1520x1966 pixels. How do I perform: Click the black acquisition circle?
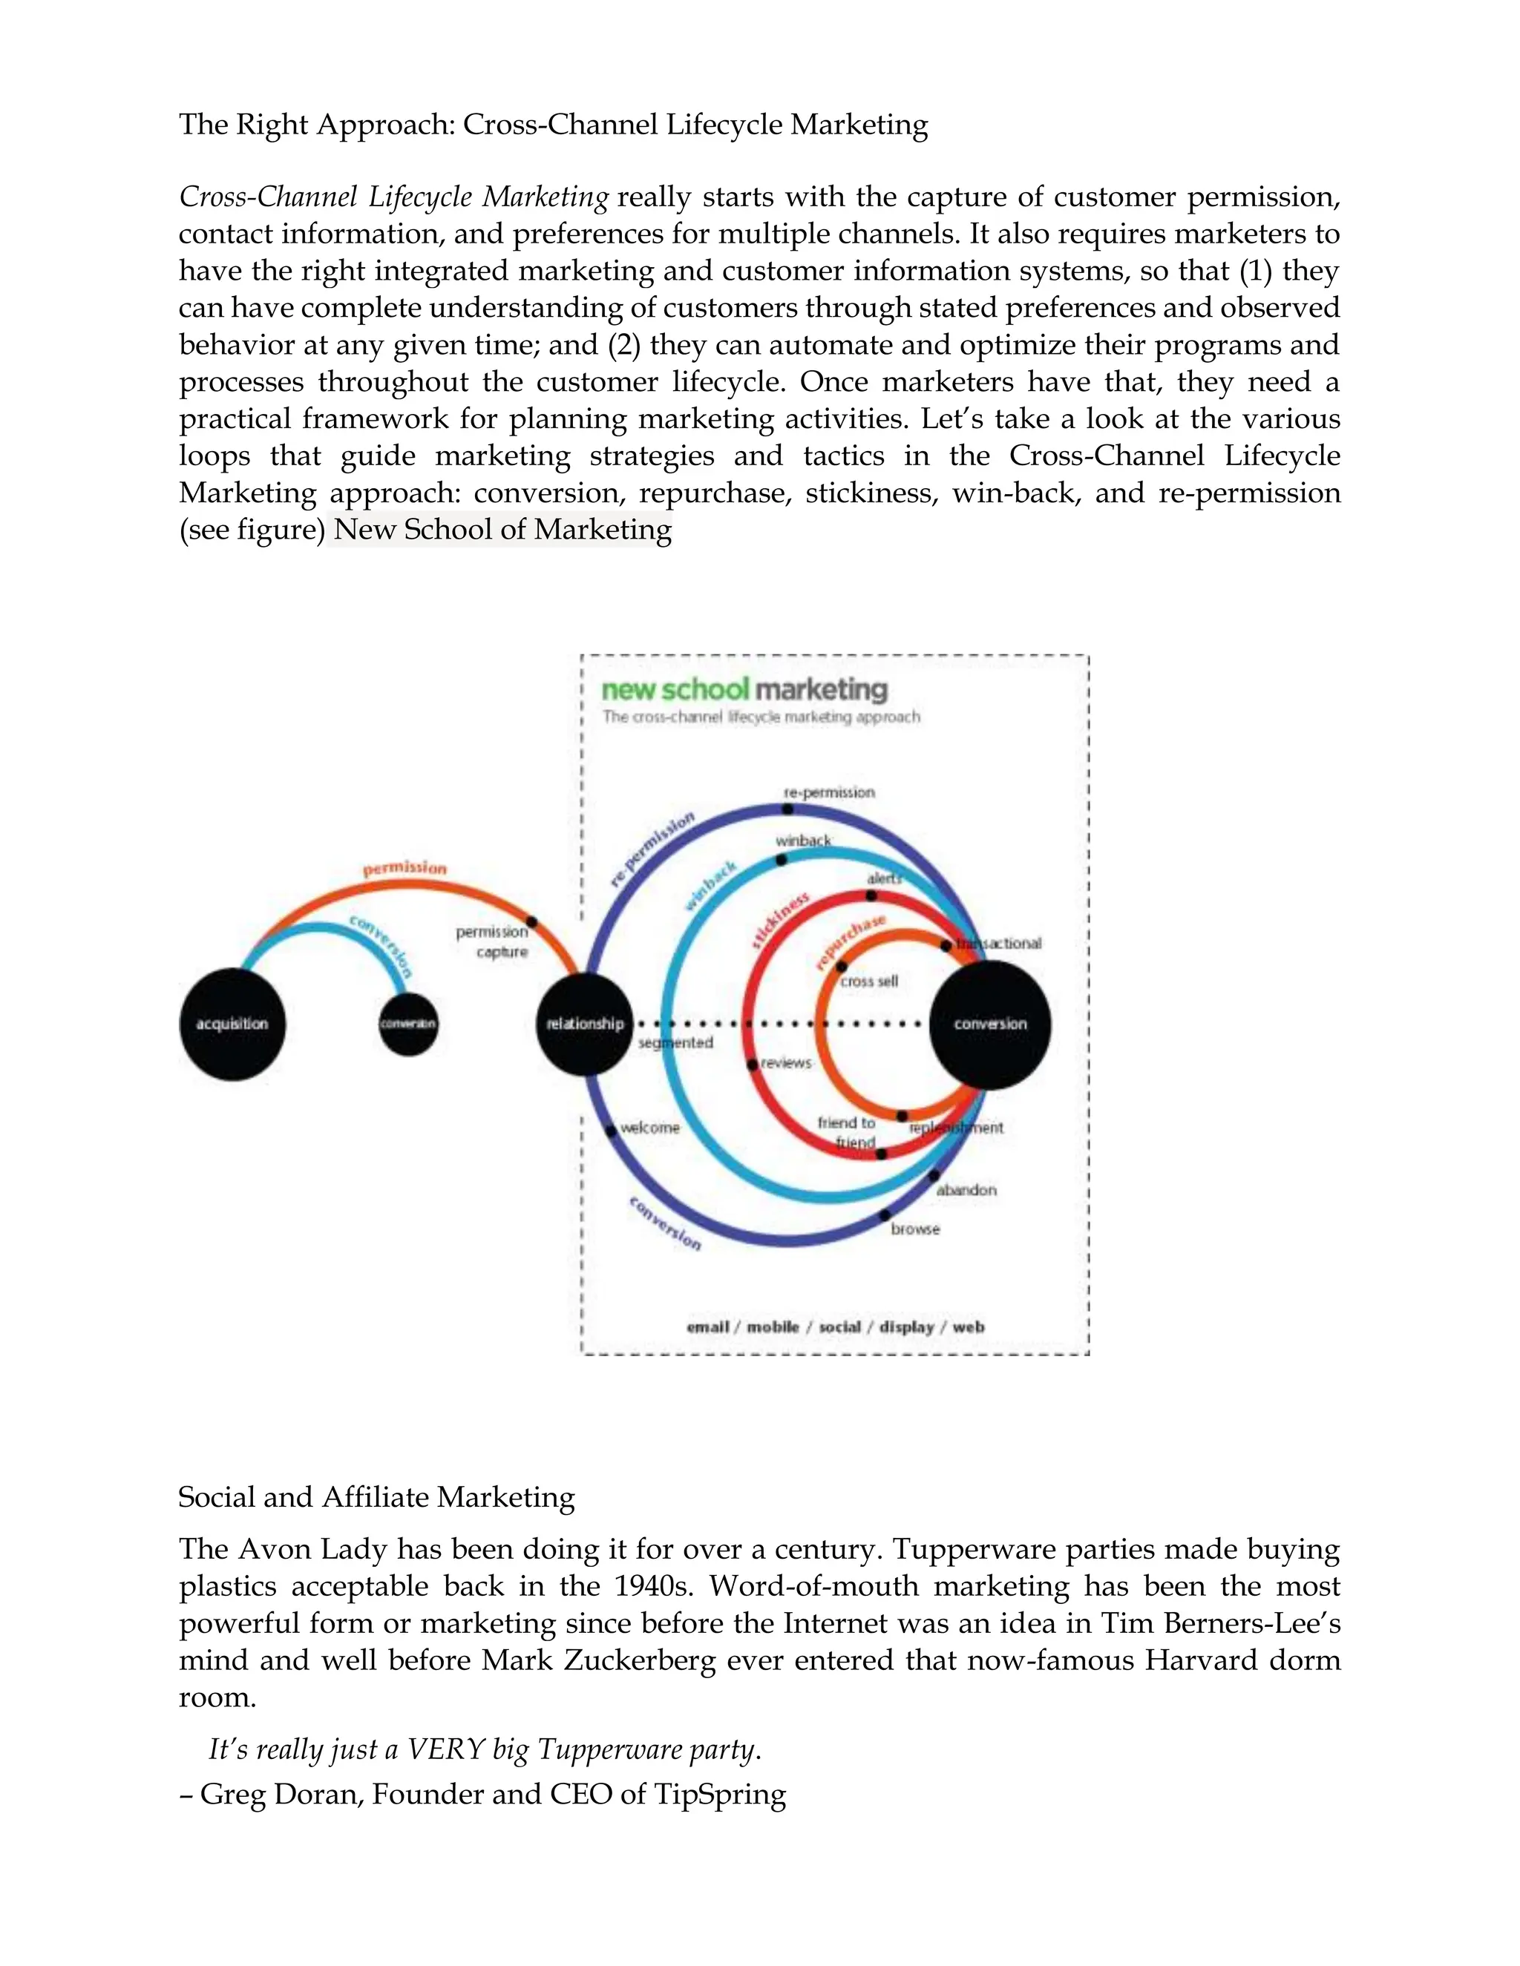click(232, 1024)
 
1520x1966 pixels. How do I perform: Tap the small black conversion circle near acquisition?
click(408, 1024)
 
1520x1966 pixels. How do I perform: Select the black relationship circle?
click(584, 1024)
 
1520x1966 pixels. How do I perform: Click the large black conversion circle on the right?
click(989, 1024)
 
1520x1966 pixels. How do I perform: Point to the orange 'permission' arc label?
click(404, 868)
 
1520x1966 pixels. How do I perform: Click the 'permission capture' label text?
click(493, 941)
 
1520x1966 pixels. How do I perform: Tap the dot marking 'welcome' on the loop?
click(611, 1131)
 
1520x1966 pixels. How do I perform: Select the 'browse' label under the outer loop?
click(915, 1229)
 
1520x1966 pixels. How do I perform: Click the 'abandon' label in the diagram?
click(966, 1190)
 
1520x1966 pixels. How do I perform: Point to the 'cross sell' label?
click(869, 982)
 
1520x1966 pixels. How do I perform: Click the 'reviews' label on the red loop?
click(786, 1063)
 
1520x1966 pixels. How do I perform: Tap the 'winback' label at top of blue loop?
click(803, 841)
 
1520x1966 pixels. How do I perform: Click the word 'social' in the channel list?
click(839, 1327)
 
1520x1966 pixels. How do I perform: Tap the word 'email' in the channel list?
click(708, 1327)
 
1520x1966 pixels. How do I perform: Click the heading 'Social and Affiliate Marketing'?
click(376, 1497)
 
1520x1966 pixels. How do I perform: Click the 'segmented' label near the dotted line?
click(675, 1043)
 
